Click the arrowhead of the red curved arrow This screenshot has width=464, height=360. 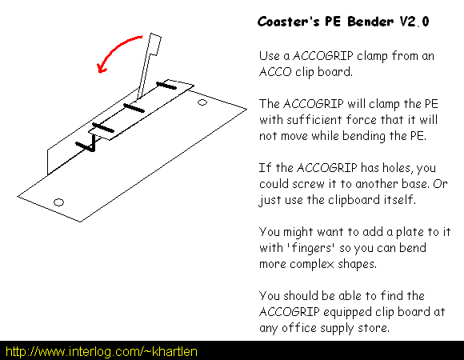tap(102, 68)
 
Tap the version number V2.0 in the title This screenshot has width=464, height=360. tap(414, 22)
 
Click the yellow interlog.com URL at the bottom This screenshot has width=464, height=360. tap(102, 351)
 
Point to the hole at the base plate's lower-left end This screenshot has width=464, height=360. tap(58, 202)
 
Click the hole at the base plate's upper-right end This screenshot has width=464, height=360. tap(202, 102)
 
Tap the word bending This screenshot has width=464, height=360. tap(364, 136)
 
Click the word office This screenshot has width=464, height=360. tap(298, 328)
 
